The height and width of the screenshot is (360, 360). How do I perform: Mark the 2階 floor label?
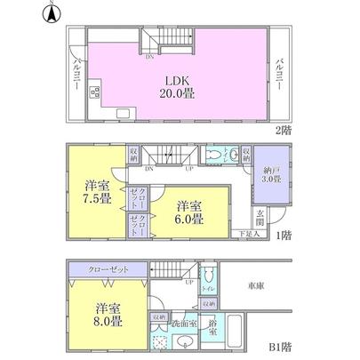[x=283, y=131]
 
